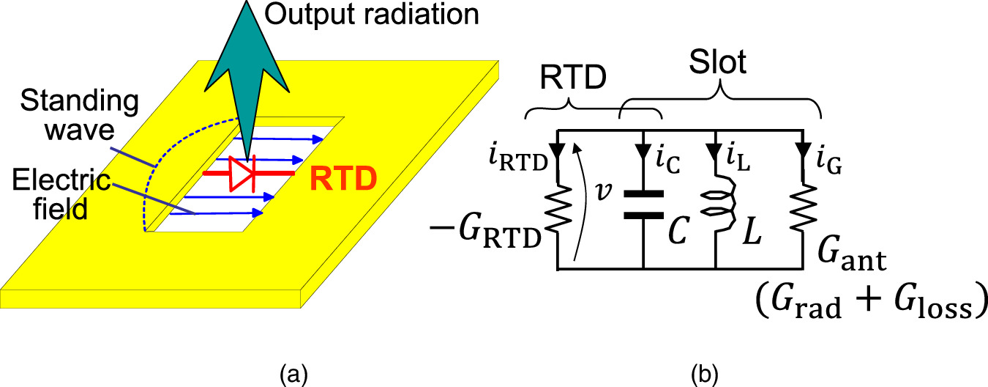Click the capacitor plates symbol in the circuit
coord(643,205)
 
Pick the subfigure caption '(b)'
coord(705,376)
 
